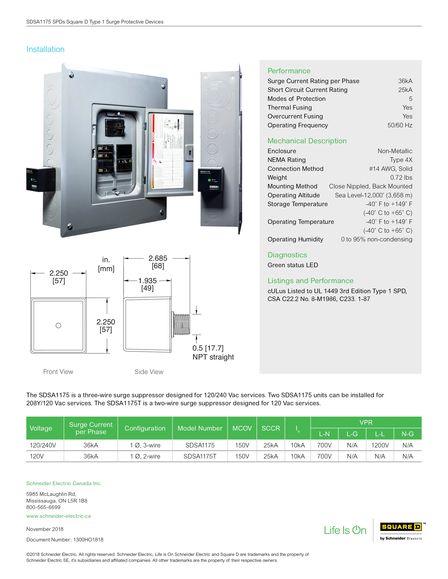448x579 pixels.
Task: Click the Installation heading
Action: tap(45, 49)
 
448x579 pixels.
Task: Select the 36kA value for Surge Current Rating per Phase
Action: tap(405, 81)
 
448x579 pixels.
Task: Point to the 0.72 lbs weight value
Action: tap(401, 178)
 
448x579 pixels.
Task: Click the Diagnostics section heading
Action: tap(287, 255)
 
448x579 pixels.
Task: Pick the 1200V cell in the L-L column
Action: tap(380, 445)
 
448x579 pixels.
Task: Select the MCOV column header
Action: tap(242, 428)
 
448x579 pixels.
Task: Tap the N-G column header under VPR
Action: tap(407, 434)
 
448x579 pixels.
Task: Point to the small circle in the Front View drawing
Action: tap(58, 326)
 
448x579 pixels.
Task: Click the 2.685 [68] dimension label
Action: tap(158, 262)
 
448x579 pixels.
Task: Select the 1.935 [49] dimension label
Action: tap(147, 284)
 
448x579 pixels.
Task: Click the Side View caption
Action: tap(149, 372)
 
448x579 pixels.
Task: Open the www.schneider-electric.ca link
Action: tap(58, 516)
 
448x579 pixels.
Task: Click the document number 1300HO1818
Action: tap(88, 540)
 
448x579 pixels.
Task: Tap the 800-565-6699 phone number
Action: tap(43, 507)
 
